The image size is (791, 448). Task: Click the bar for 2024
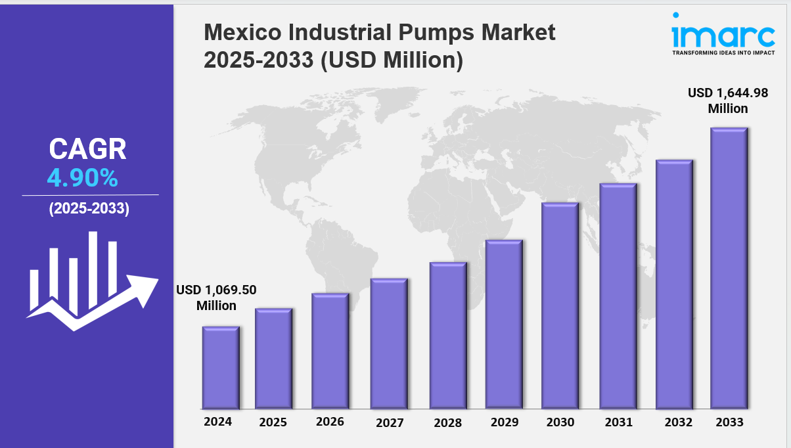point(221,367)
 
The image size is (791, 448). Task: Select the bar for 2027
point(389,343)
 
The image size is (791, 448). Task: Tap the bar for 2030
point(560,305)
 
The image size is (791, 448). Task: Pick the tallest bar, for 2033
point(729,268)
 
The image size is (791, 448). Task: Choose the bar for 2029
point(504,324)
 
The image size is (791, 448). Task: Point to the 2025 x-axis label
point(273,422)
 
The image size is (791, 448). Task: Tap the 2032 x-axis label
point(678,422)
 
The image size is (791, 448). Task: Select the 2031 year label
point(618,422)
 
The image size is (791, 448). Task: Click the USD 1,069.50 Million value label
point(216,298)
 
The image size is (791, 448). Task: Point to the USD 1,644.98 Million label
point(727,101)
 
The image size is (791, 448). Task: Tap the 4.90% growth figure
point(82,177)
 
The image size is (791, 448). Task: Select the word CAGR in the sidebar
point(87,150)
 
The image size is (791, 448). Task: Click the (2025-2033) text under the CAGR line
point(89,209)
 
